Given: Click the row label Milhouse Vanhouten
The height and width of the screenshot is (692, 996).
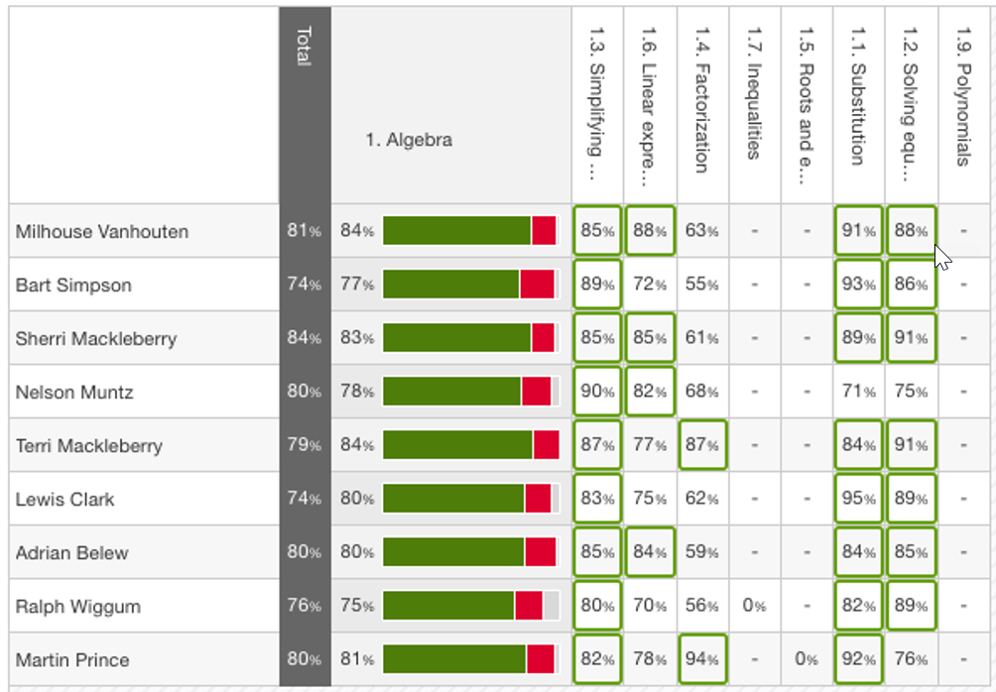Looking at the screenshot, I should (101, 232).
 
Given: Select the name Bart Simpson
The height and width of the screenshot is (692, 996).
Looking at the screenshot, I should (73, 286).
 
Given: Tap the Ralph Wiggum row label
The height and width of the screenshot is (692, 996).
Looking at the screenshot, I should (77, 607).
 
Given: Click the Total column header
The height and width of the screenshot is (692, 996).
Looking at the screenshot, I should (304, 45).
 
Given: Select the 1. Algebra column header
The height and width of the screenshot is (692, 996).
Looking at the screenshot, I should (408, 140).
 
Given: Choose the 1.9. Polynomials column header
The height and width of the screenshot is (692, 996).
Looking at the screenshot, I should (962, 103).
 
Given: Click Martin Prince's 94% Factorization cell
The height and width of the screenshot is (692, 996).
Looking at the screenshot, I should (702, 659).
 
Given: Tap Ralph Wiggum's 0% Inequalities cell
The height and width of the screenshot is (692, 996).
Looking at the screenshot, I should (754, 606).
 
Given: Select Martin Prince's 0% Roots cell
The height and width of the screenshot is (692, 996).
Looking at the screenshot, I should (807, 659).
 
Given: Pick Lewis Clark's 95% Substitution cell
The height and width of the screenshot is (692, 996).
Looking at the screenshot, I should (858, 499).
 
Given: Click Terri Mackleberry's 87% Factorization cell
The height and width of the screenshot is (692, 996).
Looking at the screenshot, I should (702, 445).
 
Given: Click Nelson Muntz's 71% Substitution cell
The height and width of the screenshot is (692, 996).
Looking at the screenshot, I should (858, 392).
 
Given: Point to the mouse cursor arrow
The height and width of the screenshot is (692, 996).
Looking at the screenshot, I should (941, 257).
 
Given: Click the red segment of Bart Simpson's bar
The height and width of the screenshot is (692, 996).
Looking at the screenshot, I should (536, 285).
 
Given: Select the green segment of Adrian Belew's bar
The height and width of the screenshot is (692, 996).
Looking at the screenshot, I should (453, 552).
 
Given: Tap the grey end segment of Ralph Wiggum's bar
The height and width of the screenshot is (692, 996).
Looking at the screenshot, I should (551, 606).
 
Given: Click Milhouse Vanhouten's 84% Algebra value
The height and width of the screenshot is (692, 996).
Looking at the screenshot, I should (356, 232).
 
